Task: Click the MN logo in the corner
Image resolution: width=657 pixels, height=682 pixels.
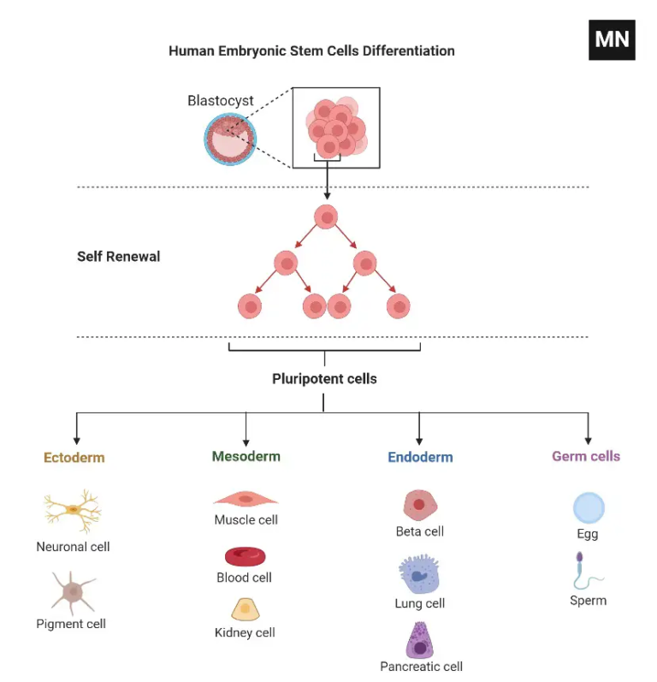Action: tap(612, 39)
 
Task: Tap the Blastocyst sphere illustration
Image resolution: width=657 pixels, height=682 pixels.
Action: tap(230, 139)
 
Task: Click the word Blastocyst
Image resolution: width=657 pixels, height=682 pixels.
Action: tap(221, 100)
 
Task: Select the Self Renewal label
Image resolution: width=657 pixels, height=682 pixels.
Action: tap(118, 256)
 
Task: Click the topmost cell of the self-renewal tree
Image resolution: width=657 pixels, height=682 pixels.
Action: tap(326, 216)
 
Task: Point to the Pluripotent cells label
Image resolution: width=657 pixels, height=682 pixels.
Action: tap(324, 378)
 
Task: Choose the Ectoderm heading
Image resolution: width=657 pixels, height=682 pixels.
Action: tap(74, 457)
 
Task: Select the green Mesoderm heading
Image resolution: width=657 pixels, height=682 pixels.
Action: tap(246, 456)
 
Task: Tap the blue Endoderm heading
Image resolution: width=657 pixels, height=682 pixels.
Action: tap(420, 457)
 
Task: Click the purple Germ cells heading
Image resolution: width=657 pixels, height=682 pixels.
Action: tap(586, 456)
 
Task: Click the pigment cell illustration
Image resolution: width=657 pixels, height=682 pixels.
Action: tap(74, 590)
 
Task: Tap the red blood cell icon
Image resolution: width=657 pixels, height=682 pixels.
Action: tap(245, 556)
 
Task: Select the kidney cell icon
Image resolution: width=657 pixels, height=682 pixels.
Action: tap(245, 609)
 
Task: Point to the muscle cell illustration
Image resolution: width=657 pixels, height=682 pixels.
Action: tap(246, 498)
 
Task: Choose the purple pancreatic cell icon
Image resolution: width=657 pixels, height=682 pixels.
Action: tap(420, 638)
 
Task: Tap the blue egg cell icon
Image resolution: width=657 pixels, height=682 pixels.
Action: tap(589, 507)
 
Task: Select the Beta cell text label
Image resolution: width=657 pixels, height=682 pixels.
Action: tap(420, 531)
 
